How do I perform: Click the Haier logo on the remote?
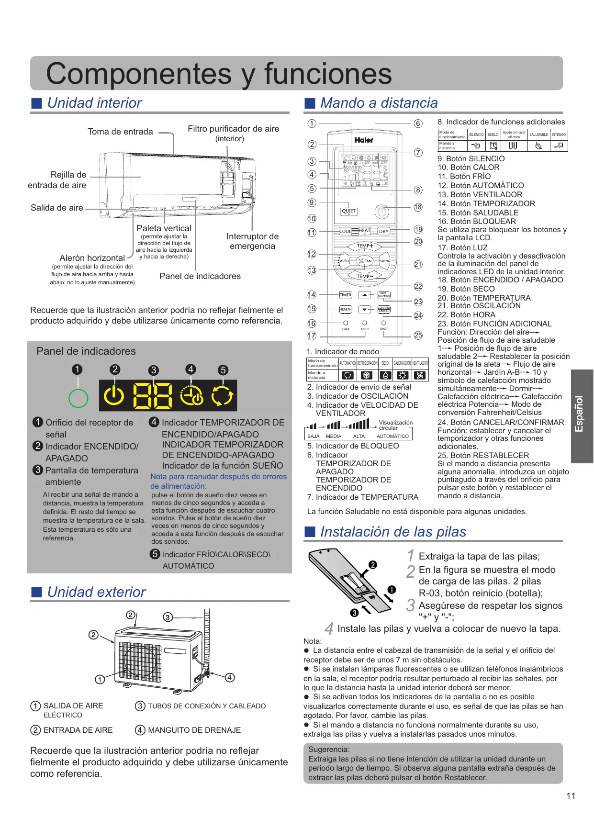point(364,140)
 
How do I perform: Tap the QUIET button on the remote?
point(348,211)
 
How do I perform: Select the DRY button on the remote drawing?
point(383,231)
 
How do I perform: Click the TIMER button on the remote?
point(345,295)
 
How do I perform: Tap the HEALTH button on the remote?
point(345,310)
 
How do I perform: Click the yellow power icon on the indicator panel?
point(114,395)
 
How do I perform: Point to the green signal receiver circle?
point(78,398)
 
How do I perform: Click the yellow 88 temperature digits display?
point(152,396)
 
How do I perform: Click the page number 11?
point(571,795)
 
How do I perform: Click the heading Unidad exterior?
point(96,592)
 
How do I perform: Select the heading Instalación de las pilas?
point(393,532)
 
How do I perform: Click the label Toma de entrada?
point(120,132)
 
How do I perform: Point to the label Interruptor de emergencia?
point(252,241)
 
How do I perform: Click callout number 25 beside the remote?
point(418,336)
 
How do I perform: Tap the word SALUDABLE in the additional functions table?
point(538,134)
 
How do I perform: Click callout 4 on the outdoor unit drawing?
point(230,677)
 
